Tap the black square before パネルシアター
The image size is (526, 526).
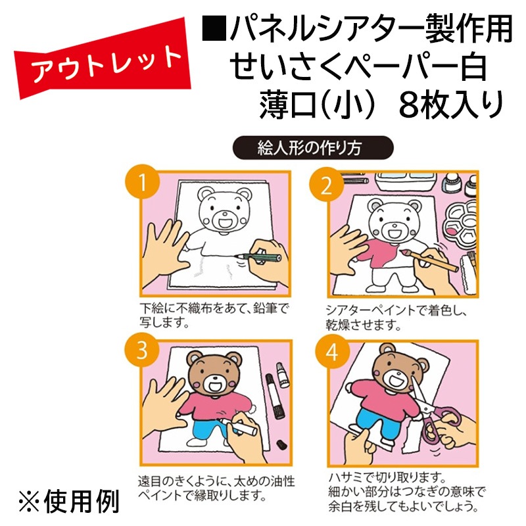pos(214,29)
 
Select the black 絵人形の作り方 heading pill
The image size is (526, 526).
pos(313,147)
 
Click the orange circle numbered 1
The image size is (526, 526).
pos(142,182)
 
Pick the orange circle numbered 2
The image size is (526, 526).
pos(326,185)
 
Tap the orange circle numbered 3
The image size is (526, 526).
pos(142,350)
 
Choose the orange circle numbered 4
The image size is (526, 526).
pos(332,352)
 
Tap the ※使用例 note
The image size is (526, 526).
pos(69,502)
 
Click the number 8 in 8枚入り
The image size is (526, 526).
pos(409,105)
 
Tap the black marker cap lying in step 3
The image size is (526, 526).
pos(281,444)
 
